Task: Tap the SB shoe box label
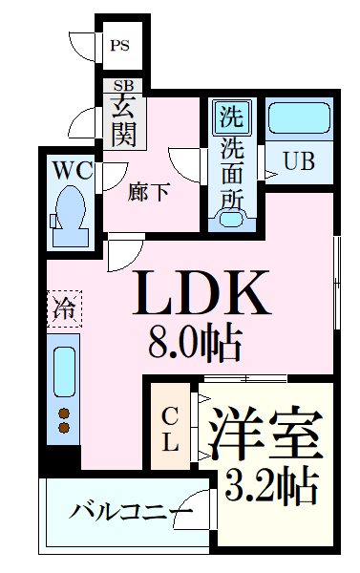coord(122,85)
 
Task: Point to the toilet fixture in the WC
coord(69,207)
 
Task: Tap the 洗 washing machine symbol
coord(230,119)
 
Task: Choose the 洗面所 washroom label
coord(230,173)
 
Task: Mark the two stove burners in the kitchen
coord(64,421)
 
